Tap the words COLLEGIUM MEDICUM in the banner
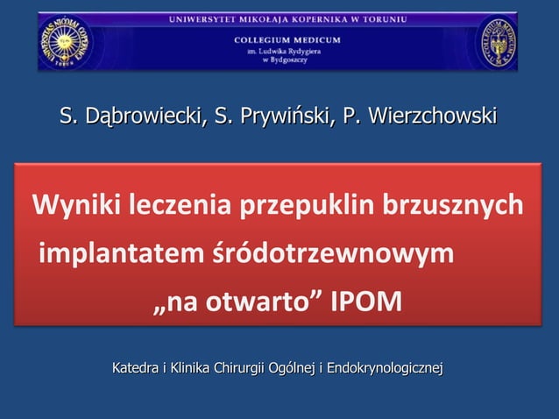[x=287, y=39]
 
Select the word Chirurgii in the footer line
[x=239, y=366]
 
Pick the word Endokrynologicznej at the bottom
[x=385, y=366]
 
